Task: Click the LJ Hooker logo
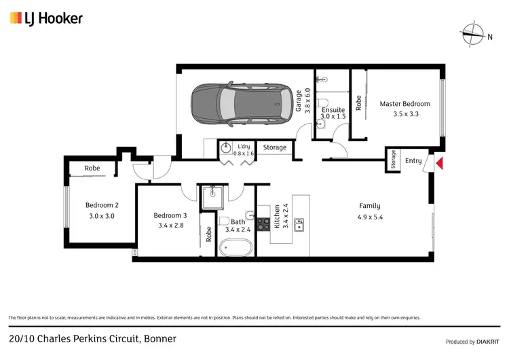pyautogui.click(x=46, y=18)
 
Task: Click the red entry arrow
pyautogui.click(x=439, y=163)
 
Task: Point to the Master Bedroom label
pyautogui.click(x=404, y=104)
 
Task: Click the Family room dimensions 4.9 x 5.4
pyautogui.click(x=370, y=217)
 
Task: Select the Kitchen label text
pyautogui.click(x=277, y=215)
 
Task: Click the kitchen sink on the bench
pyautogui.click(x=299, y=223)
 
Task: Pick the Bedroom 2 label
pyautogui.click(x=102, y=205)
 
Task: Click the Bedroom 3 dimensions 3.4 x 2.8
pyautogui.click(x=170, y=226)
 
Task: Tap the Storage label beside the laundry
pyautogui.click(x=275, y=147)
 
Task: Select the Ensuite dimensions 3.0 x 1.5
pyautogui.click(x=334, y=117)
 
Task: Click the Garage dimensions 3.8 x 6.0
pyautogui.click(x=307, y=101)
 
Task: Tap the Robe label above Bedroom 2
pyautogui.click(x=92, y=168)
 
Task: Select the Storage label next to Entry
pyautogui.click(x=393, y=160)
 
